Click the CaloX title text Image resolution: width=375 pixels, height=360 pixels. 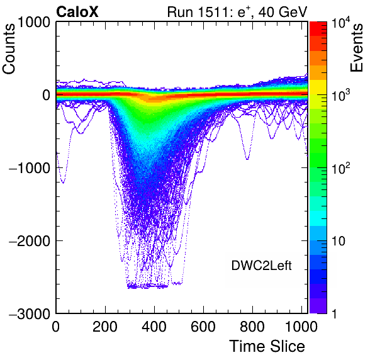(77, 11)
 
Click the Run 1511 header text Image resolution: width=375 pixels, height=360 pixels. (237, 12)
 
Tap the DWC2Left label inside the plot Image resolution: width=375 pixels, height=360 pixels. (261, 266)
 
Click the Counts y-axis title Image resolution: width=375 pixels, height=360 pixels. (9, 48)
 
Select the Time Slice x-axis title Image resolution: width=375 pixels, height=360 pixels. (267, 346)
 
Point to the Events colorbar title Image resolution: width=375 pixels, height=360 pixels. (356, 48)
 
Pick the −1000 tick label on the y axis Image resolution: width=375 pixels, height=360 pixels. (30, 168)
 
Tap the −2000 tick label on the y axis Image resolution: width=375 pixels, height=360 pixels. (30, 241)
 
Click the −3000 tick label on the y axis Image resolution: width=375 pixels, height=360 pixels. (30, 313)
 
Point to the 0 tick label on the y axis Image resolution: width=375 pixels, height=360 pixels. (47, 95)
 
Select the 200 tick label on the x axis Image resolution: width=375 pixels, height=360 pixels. (105, 327)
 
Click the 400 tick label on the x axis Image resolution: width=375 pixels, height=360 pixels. (154, 327)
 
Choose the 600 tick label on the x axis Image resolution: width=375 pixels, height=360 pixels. (203, 327)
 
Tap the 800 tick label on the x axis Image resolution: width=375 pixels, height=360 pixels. (252, 327)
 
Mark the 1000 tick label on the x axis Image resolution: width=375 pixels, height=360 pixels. (301, 327)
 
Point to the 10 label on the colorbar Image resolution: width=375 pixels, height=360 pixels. (339, 241)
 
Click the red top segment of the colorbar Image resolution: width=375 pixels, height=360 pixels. (318, 29)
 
